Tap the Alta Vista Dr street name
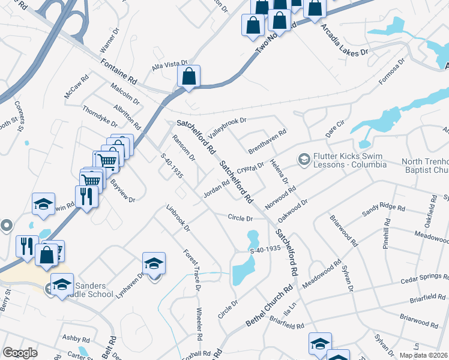(170, 66)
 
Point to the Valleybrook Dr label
(227, 127)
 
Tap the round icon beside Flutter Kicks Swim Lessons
(304, 159)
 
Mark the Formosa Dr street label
(393, 71)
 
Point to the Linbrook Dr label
(178, 220)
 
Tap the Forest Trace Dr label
(191, 270)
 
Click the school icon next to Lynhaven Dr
(154, 263)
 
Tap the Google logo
(20, 353)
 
